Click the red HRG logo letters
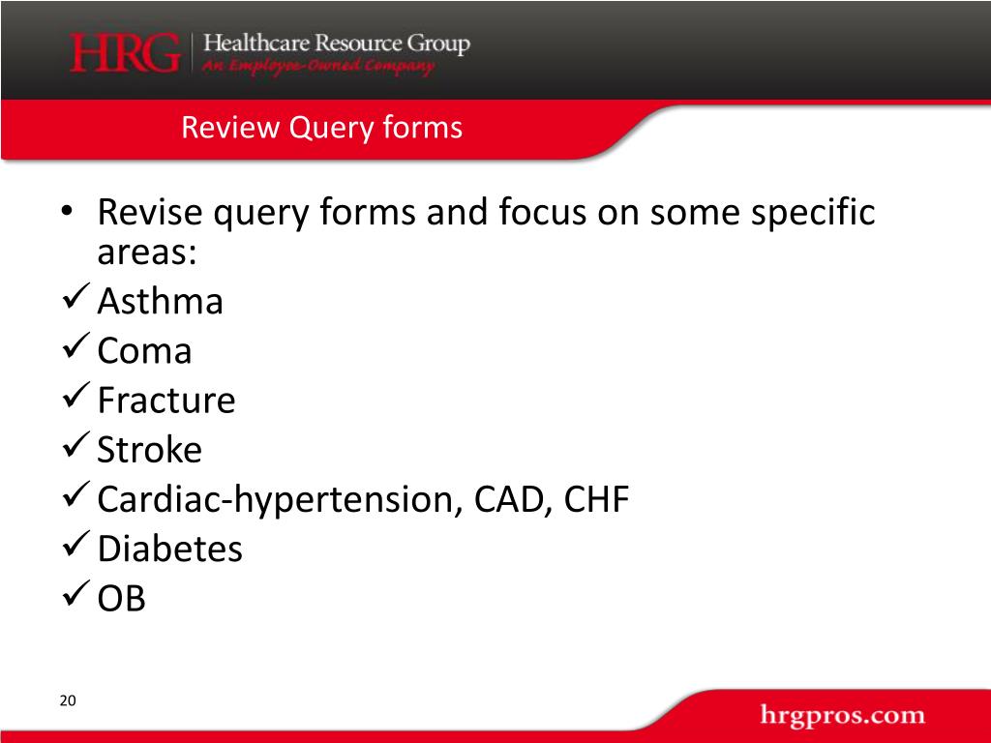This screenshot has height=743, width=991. pos(125,53)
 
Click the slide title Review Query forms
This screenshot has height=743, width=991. pos(321,127)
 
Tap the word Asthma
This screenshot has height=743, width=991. pos(161,302)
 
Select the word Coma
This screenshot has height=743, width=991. pos(144,351)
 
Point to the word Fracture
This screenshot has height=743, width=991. pos(166,401)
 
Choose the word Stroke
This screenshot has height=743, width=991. pos(150,450)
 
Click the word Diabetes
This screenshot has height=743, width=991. pos(170,550)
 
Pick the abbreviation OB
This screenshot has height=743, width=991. pos(122,599)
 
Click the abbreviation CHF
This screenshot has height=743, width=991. pos(596,500)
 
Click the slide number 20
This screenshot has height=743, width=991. pos(67,700)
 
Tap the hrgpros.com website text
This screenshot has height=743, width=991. pos(842,717)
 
